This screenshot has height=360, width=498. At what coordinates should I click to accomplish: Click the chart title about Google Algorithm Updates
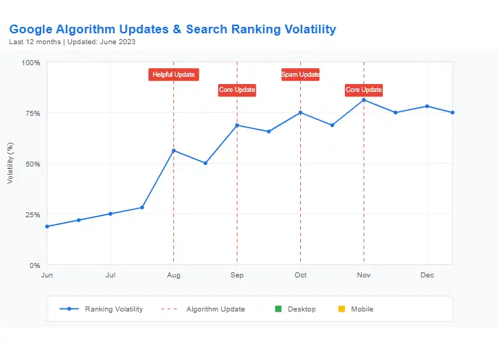coord(173,30)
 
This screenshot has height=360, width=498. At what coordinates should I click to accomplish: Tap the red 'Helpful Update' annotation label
coord(173,75)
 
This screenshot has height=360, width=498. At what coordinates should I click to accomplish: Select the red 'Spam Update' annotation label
coord(300,75)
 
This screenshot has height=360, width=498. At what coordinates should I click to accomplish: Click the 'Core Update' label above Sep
coord(237,90)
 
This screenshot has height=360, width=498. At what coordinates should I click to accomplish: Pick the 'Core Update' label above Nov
coord(363,90)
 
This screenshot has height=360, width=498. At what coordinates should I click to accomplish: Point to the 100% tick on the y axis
coord(30,62)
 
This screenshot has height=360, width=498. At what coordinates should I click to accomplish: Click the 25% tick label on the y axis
coord(32,214)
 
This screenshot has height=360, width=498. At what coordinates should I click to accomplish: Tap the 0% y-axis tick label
coord(34,265)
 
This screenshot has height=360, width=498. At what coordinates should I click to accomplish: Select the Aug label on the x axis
coord(173,275)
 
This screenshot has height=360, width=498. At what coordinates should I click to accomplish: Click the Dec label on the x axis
coord(427,275)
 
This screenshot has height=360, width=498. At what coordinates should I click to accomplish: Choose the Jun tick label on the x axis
coord(47,275)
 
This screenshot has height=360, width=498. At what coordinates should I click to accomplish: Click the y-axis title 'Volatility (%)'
coord(10,163)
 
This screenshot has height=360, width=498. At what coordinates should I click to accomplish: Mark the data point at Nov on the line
coord(364,100)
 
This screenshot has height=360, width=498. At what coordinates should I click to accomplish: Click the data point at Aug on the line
coord(173,151)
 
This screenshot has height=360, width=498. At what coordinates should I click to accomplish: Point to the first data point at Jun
coord(47,227)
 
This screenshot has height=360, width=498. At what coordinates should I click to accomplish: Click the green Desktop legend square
coord(278,309)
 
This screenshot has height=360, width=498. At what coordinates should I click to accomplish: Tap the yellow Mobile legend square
coord(341,309)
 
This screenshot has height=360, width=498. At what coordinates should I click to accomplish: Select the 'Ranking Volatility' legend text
coord(114,309)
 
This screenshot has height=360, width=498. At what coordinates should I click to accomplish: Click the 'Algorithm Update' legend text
coord(215,309)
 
